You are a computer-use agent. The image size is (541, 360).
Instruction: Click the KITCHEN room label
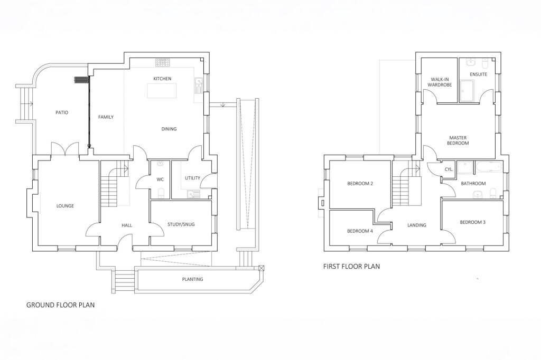pos(162,79)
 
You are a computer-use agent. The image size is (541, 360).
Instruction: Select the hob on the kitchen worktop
pos(162,62)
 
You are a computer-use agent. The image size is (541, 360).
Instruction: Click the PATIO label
pos(62,112)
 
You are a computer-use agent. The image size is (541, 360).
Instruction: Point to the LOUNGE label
pos(65,206)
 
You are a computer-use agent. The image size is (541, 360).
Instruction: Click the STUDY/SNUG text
pos(182,224)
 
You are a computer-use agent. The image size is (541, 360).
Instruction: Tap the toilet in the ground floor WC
pos(161,192)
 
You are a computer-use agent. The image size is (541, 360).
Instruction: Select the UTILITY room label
pos(192,178)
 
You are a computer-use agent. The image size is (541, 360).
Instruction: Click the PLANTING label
pos(192,279)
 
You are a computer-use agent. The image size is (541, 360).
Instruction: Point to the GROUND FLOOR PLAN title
pos(60,305)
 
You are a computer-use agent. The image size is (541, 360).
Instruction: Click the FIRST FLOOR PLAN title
pos(351,267)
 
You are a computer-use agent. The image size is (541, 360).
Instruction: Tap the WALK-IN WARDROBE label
pos(440,82)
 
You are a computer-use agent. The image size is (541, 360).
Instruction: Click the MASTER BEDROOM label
pos(458,139)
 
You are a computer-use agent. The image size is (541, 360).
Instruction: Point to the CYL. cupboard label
pos(449,169)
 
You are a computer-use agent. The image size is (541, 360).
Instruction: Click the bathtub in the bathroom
pos(489,168)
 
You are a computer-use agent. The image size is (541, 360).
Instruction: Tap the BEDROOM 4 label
pos(360,231)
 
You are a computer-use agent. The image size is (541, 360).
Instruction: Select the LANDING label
pos(416,225)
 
